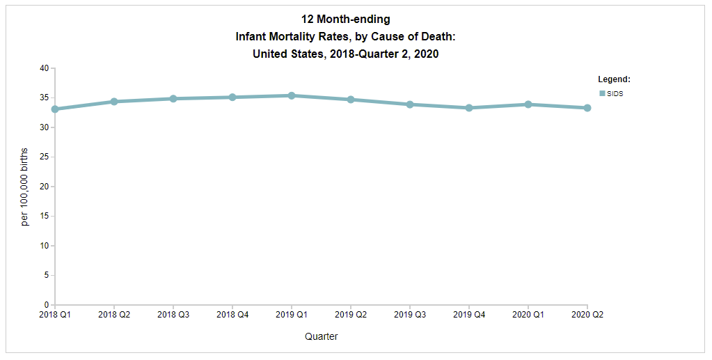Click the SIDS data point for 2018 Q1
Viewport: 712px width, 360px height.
pyautogui.click(x=55, y=109)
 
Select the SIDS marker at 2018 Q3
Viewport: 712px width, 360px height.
pyautogui.click(x=173, y=99)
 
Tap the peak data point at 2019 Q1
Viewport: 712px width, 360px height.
pyautogui.click(x=292, y=95)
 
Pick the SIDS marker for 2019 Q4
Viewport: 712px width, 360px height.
pyautogui.click(x=469, y=108)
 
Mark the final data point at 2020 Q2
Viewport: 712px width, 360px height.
pyautogui.click(x=587, y=108)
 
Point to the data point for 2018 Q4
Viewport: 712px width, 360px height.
pyautogui.click(x=232, y=97)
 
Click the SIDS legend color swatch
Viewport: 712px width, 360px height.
pyautogui.click(x=602, y=93)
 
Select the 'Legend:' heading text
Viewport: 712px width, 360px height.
pyautogui.click(x=614, y=79)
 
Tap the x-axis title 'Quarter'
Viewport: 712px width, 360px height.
pyautogui.click(x=322, y=337)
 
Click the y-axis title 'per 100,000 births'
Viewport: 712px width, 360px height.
pyautogui.click(x=25, y=187)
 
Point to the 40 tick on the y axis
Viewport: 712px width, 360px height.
pyautogui.click(x=44, y=68)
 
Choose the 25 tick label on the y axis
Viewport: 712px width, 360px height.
pyautogui.click(x=44, y=157)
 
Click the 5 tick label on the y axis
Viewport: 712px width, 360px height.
pyautogui.click(x=46, y=276)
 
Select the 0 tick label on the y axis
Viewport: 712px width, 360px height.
pyautogui.click(x=46, y=305)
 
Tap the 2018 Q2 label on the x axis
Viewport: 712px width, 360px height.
pyautogui.click(x=114, y=315)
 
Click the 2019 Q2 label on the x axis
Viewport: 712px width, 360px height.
pyautogui.click(x=351, y=315)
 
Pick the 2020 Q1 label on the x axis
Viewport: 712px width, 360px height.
pyautogui.click(x=528, y=315)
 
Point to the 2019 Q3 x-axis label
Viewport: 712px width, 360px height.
pyautogui.click(x=410, y=315)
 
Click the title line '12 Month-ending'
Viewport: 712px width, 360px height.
pyautogui.click(x=345, y=19)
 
